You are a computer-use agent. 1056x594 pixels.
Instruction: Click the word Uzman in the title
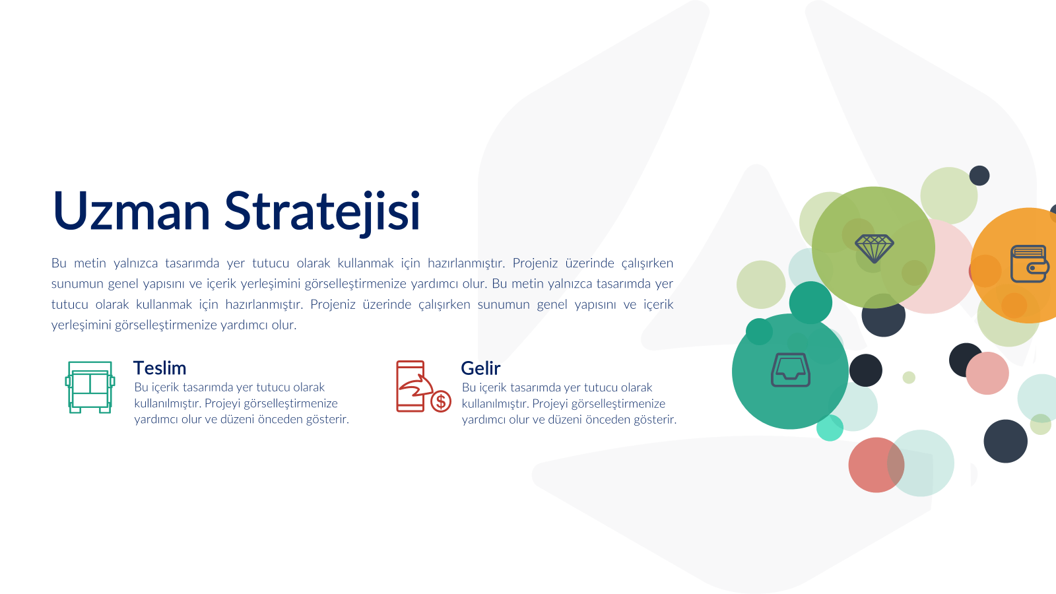tap(131, 211)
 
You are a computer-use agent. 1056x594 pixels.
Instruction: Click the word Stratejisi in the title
tap(321, 212)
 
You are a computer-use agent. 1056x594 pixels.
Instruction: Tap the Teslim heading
tap(160, 368)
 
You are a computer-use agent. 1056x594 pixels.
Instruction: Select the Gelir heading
tap(480, 368)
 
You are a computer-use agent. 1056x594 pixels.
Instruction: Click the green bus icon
tap(90, 387)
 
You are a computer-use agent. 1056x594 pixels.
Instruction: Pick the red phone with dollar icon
tap(423, 387)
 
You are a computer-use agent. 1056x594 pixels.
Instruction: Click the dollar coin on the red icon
tap(441, 402)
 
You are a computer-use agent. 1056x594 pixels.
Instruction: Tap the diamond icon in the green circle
tap(874, 248)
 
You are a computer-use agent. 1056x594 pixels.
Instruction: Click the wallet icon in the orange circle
tap(1030, 264)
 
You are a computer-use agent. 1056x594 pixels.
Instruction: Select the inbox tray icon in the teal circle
tap(791, 370)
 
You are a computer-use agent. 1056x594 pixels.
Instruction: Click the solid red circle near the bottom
tap(876, 465)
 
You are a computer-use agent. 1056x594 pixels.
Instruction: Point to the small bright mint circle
tap(830, 428)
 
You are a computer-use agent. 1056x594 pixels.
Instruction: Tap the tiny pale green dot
tap(909, 378)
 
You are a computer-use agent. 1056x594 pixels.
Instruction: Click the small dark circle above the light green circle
tap(979, 176)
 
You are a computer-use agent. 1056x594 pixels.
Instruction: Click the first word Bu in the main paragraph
tap(59, 263)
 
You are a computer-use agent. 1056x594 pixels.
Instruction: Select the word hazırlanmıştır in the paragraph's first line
tap(466, 263)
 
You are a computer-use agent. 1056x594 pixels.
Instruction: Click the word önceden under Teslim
tap(280, 419)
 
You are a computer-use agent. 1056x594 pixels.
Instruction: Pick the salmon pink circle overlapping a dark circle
tap(987, 374)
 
